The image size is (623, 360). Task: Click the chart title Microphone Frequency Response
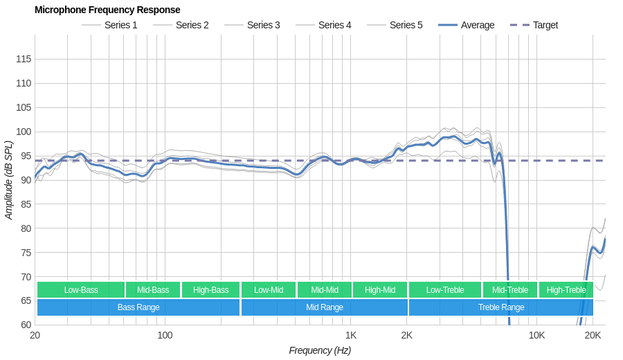pos(107,10)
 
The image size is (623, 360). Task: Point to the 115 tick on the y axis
pos(24,60)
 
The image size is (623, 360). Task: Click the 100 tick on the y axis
pos(24,132)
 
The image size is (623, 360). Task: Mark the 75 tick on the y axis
pos(24,253)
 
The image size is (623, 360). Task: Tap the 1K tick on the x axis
pos(351,336)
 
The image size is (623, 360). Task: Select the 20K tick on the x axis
pos(593,336)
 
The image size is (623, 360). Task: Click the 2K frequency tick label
pos(406,336)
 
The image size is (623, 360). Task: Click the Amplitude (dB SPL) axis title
pos(9,180)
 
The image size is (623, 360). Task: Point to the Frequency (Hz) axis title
pos(320,350)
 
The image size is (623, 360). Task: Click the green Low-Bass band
pos(81,290)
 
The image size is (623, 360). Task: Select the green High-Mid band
pos(380,290)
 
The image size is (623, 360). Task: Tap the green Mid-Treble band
pos(510,290)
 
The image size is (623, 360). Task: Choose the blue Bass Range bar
pos(138,307)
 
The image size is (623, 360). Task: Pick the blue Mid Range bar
pos(325,307)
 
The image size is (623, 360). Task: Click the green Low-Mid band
pos(269,290)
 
